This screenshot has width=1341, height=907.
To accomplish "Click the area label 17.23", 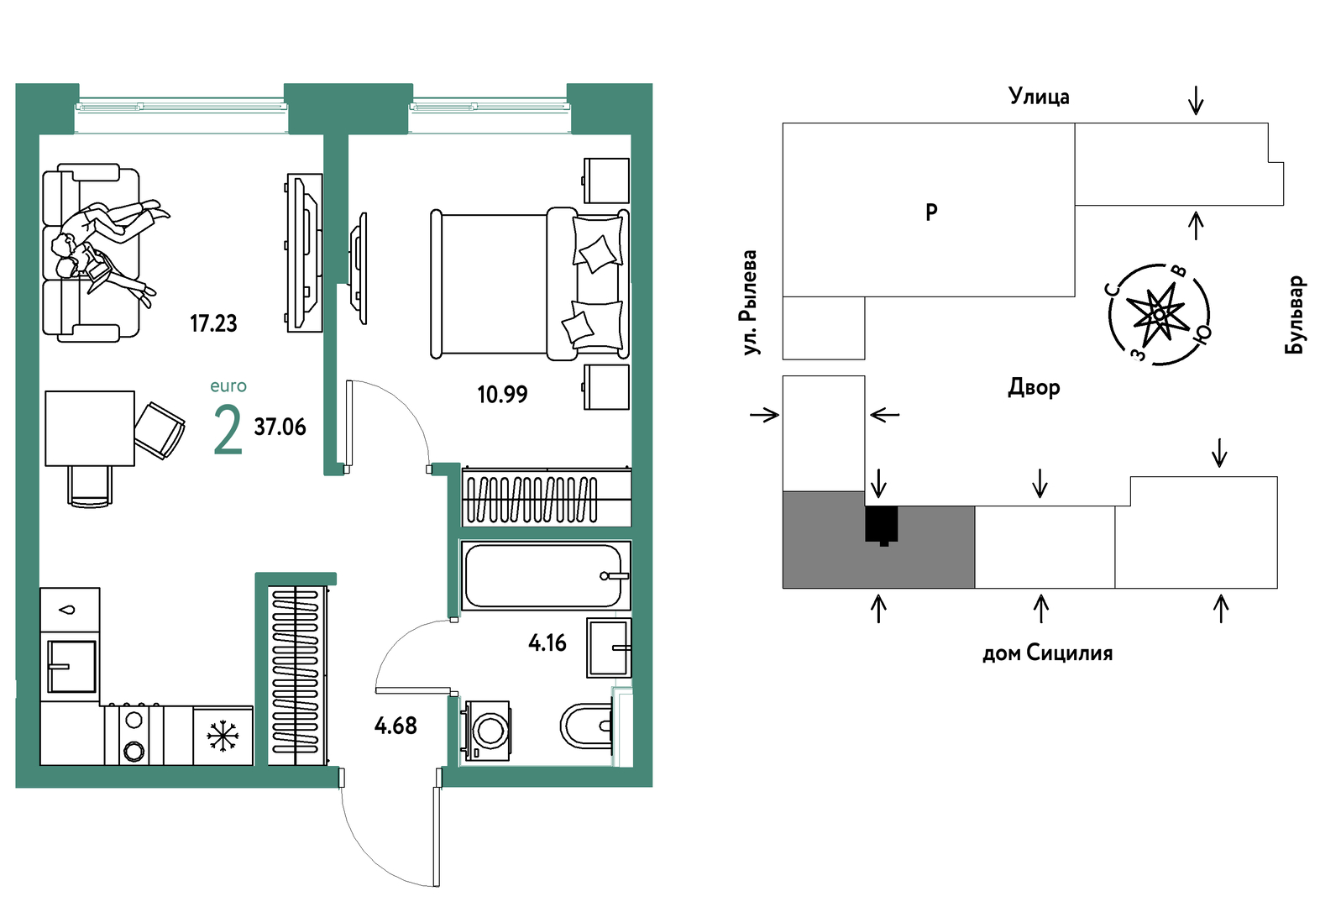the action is click(x=213, y=323).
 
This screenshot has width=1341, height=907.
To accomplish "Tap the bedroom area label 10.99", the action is click(x=502, y=395).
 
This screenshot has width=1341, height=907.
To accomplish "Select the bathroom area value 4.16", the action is click(x=547, y=643).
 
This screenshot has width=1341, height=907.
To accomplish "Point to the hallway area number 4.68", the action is click(x=395, y=726).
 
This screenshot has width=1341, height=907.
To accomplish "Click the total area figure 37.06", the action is click(x=280, y=427).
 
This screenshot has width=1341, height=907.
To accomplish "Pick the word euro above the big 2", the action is click(x=228, y=386).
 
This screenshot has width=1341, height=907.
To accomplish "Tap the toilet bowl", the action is click(x=587, y=726).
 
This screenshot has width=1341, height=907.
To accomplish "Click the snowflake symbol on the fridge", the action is click(x=223, y=736).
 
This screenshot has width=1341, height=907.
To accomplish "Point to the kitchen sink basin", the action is click(x=71, y=666).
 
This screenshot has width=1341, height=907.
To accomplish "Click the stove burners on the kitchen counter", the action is click(x=134, y=735).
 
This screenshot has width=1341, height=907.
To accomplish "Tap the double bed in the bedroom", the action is click(x=530, y=285).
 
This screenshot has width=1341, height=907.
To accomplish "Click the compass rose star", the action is click(x=1159, y=314).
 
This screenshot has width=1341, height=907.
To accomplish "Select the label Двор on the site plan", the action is click(x=1034, y=388).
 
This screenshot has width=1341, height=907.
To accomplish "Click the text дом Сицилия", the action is click(x=1048, y=653).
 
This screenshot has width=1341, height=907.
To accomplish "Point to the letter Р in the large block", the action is click(x=931, y=212).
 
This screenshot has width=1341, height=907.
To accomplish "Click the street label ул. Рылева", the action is click(x=749, y=302).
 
